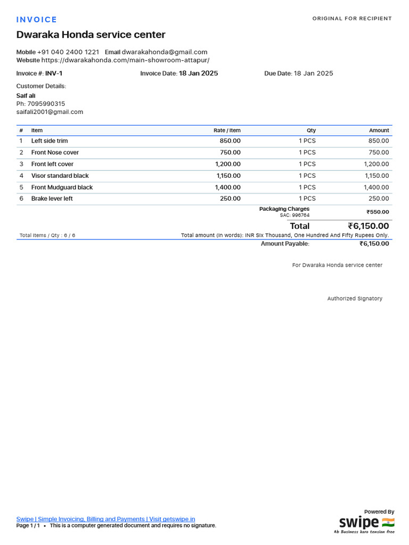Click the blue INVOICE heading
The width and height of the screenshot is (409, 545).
tap(36, 20)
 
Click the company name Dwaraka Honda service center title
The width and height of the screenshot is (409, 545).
tap(91, 35)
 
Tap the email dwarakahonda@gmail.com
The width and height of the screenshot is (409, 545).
tap(165, 52)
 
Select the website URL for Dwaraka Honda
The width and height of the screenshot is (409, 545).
tap(125, 60)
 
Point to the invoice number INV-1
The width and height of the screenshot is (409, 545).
tap(54, 73)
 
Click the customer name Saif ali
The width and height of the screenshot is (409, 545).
tap(26, 96)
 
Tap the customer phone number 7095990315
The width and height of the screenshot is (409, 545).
tap(46, 104)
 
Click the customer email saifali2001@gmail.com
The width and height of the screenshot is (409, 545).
tap(50, 112)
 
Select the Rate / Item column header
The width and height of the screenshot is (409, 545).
tap(227, 130)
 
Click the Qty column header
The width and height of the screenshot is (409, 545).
tap(311, 130)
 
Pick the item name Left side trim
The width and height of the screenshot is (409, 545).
tap(50, 141)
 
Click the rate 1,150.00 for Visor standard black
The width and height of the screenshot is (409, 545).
tap(228, 176)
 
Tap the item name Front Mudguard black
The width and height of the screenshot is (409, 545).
tap(62, 187)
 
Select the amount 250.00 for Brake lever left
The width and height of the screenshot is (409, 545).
tap(379, 199)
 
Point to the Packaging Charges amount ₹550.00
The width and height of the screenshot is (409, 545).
tap(378, 212)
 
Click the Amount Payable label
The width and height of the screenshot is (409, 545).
tap(285, 244)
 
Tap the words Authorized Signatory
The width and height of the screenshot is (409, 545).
tap(355, 299)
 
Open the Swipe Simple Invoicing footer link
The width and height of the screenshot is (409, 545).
tap(105, 519)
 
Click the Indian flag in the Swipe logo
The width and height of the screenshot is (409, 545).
tap(388, 522)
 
